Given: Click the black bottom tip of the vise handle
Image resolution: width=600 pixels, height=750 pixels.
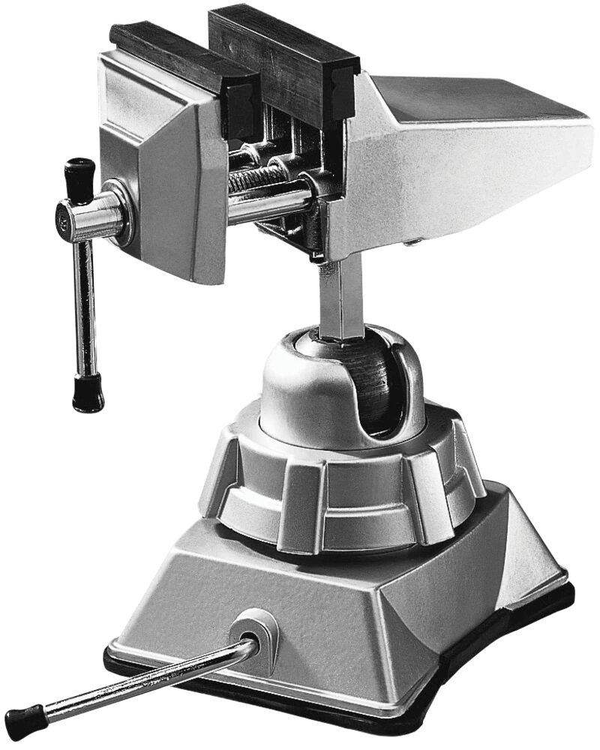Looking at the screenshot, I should [88, 394].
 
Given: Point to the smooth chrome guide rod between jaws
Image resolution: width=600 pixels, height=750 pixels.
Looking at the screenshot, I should [270, 202].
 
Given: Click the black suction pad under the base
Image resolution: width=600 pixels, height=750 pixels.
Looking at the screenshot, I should [450, 697].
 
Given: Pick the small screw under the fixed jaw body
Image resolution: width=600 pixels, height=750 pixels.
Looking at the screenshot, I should [410, 242].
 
